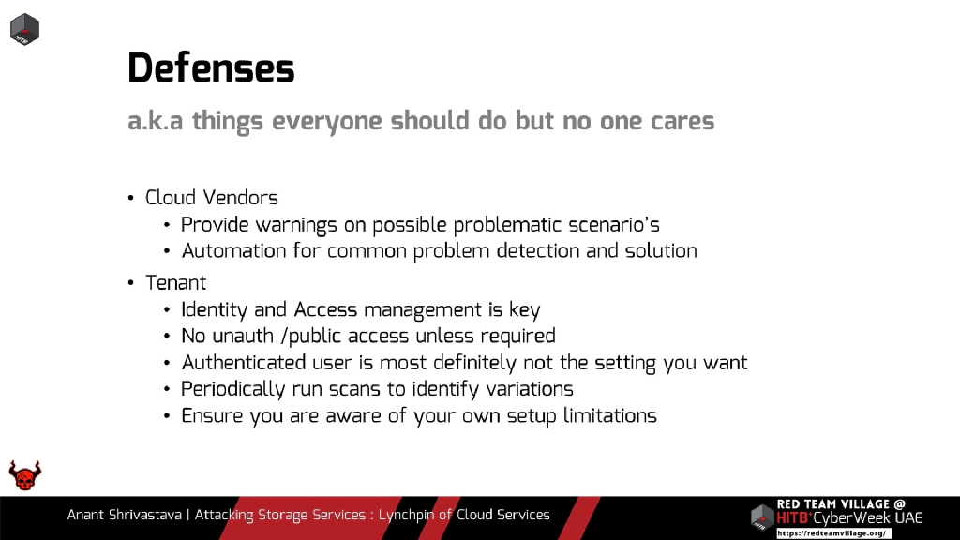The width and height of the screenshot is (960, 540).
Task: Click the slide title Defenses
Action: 211,68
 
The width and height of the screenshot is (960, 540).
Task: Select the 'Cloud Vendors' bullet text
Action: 211,198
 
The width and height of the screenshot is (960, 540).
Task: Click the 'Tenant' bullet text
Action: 175,282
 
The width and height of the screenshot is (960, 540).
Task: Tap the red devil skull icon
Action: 25,475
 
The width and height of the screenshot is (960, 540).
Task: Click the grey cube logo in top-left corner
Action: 24,28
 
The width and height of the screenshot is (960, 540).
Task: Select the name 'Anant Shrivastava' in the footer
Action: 125,515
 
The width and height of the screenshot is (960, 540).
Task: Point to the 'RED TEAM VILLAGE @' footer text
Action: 841,504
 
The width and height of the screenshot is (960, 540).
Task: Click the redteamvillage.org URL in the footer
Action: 832,532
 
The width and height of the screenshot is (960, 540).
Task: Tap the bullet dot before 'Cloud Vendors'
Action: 131,199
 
